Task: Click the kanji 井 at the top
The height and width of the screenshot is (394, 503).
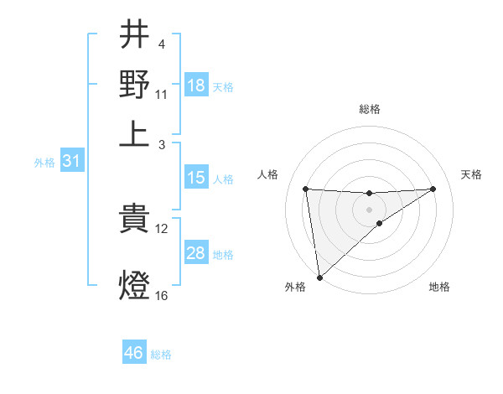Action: [x=134, y=37]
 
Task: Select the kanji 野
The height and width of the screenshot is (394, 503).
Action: [x=134, y=85]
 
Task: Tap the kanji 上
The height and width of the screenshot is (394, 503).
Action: [x=134, y=134]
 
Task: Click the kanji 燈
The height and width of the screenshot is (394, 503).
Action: [x=134, y=285]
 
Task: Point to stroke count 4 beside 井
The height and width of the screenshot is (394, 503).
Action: [x=160, y=43]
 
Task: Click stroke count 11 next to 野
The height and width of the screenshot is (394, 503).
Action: [x=162, y=94]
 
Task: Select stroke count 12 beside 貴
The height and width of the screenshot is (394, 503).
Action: [x=162, y=228]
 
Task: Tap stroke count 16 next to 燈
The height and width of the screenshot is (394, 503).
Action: [x=162, y=295]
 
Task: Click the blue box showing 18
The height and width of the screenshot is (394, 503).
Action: [x=195, y=86]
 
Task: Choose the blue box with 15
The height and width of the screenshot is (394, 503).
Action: [x=195, y=178]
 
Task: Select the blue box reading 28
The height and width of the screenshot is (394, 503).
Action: [x=195, y=253]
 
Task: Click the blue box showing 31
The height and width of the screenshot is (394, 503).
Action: [x=71, y=162]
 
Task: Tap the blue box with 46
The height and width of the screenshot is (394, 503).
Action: [x=133, y=353]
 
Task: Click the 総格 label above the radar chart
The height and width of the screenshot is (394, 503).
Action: [x=370, y=109]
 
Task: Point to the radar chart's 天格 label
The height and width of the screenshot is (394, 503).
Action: [x=472, y=174]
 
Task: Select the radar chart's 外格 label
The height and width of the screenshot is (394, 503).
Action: [x=295, y=287]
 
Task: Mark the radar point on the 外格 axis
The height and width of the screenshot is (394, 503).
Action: [x=319, y=277]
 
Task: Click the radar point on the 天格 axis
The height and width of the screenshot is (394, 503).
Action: [x=433, y=189]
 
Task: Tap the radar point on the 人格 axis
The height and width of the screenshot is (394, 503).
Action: [x=305, y=189]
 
